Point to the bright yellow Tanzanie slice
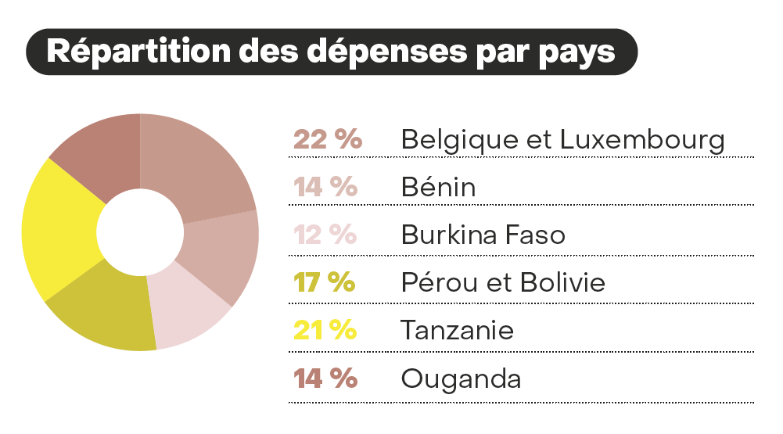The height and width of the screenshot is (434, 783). click(59, 227)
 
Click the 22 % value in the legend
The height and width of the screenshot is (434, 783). click(328, 140)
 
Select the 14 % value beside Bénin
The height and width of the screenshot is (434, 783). click(325, 188)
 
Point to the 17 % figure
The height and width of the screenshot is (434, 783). click(325, 282)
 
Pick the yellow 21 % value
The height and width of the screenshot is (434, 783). click(325, 330)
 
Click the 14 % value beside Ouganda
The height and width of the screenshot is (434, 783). click(325, 378)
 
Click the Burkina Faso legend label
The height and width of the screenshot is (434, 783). click(483, 235)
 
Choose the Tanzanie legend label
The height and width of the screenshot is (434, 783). click(458, 330)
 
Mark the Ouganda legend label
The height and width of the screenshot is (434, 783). click(461, 378)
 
